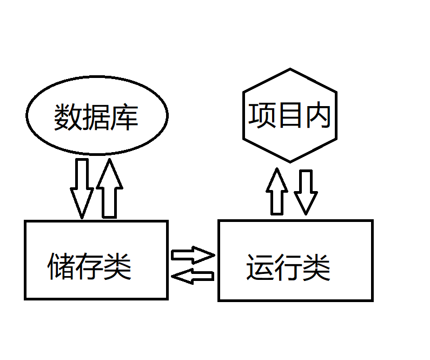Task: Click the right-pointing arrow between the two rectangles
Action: click(193, 254)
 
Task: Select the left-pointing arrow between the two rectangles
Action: click(192, 276)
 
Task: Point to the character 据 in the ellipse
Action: click(96, 117)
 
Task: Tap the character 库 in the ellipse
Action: click(124, 117)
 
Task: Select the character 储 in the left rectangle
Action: click(61, 266)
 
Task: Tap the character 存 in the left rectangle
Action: click(89, 266)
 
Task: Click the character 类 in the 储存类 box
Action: click(117, 266)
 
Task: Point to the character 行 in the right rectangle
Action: click(288, 267)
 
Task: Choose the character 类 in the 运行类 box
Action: click(316, 267)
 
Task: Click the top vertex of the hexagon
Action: click(290, 69)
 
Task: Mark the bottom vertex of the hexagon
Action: click(290, 162)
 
